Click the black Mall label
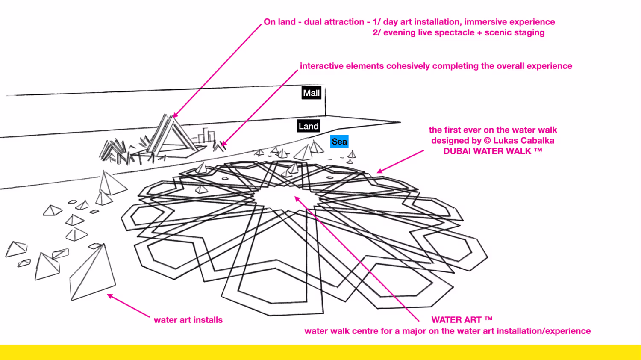311,93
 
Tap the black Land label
309,126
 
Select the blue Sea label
339,142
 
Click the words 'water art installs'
188,320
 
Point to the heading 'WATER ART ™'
462,320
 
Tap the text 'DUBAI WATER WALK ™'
492,151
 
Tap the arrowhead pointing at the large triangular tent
175,115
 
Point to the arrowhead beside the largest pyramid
110,295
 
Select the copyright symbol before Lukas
487,141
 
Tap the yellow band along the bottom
320,352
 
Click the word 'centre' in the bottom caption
367,331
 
